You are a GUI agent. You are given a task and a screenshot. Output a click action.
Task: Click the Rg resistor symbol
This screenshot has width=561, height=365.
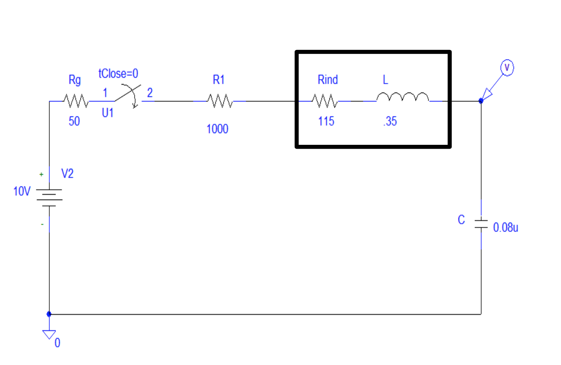pyautogui.click(x=76, y=101)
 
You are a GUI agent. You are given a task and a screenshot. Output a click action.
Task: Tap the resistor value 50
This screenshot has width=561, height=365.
pyautogui.click(x=74, y=121)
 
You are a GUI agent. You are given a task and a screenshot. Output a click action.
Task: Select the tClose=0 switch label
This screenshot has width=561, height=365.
pyautogui.click(x=118, y=74)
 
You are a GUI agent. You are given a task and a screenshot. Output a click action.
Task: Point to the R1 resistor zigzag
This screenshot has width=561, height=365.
pyautogui.click(x=220, y=101)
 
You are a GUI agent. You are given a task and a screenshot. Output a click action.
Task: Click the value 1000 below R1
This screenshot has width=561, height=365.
pyautogui.click(x=217, y=129)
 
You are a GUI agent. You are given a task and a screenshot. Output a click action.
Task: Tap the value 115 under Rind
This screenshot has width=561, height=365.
pyautogui.click(x=326, y=121)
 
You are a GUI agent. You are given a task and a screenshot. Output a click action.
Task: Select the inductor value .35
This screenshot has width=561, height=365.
pyautogui.click(x=390, y=122)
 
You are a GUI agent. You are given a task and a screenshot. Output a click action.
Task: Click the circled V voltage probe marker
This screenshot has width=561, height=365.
pyautogui.click(x=507, y=68)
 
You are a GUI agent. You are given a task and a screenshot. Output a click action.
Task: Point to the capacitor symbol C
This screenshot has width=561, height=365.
pyautogui.click(x=481, y=224)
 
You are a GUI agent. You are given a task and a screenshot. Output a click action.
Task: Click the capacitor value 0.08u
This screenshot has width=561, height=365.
pyautogui.click(x=506, y=228)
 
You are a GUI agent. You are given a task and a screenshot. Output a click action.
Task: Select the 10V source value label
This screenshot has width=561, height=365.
pyautogui.click(x=22, y=191)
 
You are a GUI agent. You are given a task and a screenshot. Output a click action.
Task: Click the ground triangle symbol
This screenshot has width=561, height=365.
pyautogui.click(x=48, y=335)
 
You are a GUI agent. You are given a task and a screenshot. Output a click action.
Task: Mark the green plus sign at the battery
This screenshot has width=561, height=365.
pyautogui.click(x=41, y=174)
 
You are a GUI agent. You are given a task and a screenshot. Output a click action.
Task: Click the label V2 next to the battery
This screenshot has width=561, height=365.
pyautogui.click(x=67, y=174)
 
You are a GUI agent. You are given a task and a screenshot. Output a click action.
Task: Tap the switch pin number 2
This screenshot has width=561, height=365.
pyautogui.click(x=150, y=92)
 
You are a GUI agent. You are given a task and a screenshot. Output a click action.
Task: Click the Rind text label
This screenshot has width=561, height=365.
pyautogui.click(x=327, y=80)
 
